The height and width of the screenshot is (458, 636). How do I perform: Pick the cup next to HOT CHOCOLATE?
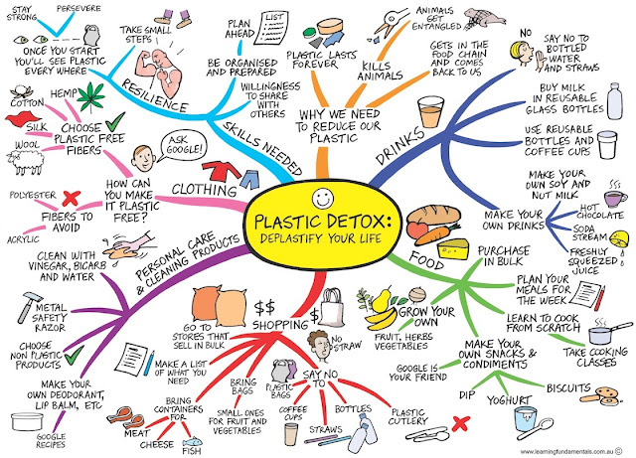(x=614, y=198)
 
